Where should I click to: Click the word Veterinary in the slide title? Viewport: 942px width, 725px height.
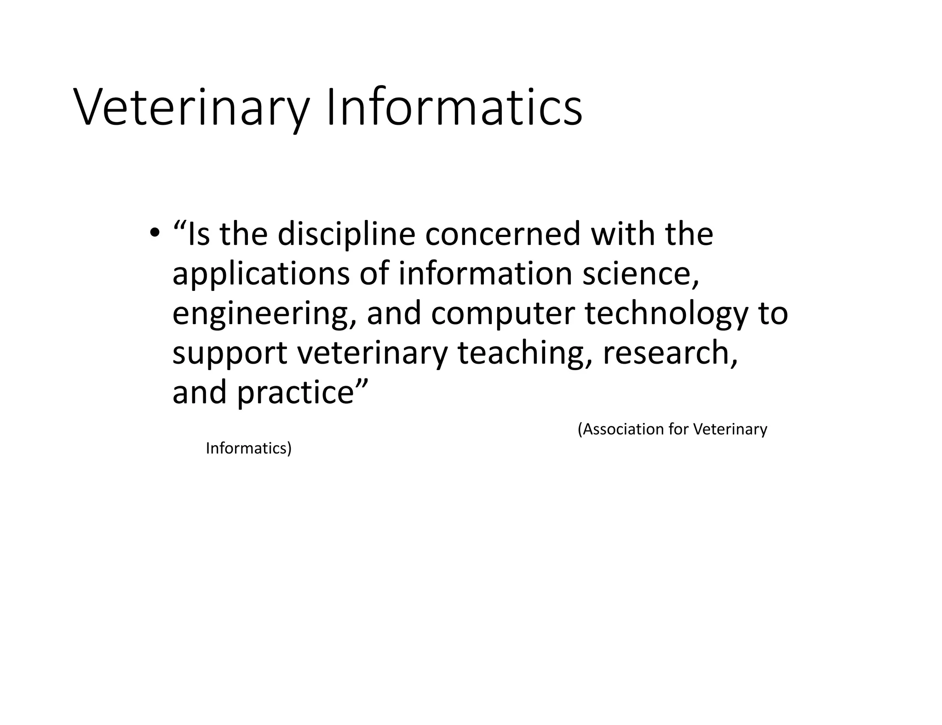tap(191, 108)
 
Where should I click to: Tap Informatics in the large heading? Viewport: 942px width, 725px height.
tap(454, 108)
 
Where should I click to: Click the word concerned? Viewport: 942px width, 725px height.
tap(502, 234)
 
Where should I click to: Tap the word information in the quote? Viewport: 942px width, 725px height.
tap(485, 273)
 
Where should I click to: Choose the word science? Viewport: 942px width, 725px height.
tap(640, 273)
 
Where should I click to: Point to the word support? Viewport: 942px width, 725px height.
tap(230, 354)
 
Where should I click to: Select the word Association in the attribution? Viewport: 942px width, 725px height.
tap(620, 429)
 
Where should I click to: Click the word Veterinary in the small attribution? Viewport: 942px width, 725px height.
tap(730, 429)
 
